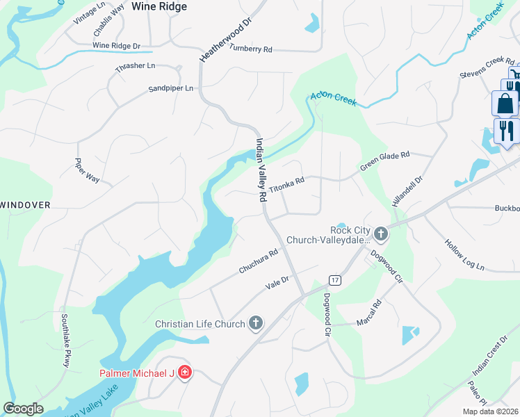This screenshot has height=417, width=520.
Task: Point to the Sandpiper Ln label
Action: (171, 89)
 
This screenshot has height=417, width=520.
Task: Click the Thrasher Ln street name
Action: (136, 66)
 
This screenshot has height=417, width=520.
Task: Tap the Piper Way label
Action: (88, 170)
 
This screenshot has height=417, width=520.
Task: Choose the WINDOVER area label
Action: (26, 205)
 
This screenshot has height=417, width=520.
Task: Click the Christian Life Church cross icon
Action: (256, 322)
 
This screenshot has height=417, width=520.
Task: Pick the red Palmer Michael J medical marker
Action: (184, 373)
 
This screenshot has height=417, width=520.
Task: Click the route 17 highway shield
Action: (335, 280)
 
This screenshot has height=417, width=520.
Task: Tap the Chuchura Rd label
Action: (259, 261)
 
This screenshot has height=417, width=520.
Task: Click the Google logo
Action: (23, 409)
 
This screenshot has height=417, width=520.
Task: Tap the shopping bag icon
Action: (505, 104)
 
